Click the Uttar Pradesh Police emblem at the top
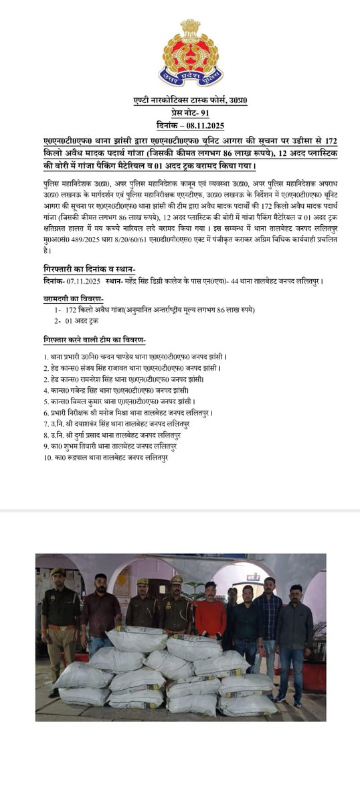[181, 54]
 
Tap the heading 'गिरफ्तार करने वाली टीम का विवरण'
[94, 339]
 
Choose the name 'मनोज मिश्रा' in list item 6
[130, 414]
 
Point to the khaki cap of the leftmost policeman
[58, 572]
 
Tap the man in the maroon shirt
[101, 609]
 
